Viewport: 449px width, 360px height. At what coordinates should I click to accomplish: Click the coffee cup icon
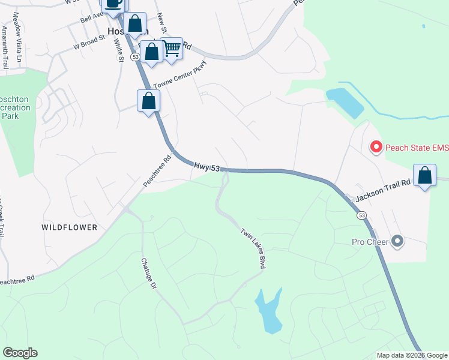click(113, 3)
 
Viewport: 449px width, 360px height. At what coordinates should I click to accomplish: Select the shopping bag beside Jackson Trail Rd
click(425, 176)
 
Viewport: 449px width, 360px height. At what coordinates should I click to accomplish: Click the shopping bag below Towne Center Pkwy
click(149, 101)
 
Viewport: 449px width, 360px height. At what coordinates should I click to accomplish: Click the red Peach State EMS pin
click(376, 146)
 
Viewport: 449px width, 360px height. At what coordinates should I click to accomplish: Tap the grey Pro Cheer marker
click(397, 242)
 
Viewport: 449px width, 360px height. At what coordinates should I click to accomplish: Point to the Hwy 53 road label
click(206, 166)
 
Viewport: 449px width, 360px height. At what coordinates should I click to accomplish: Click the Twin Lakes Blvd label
click(253, 248)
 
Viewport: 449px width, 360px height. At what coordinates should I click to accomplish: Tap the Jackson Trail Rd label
click(382, 190)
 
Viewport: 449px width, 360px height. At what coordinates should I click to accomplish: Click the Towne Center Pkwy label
click(180, 75)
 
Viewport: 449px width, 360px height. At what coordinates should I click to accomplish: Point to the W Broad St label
click(89, 43)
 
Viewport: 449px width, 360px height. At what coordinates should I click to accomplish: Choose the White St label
click(119, 50)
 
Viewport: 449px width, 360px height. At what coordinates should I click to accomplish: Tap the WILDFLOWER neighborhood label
click(70, 227)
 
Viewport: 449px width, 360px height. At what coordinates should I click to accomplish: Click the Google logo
click(20, 353)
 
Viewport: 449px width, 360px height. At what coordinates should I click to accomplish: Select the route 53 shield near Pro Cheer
click(361, 214)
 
